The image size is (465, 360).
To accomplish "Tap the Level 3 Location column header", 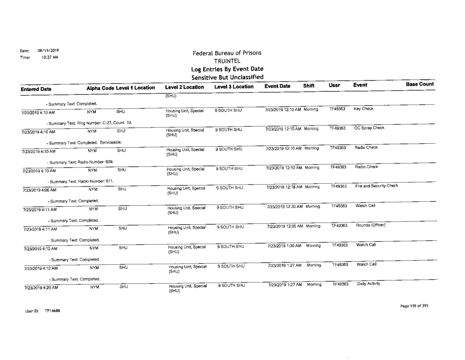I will pyautogui.click(x=233, y=88).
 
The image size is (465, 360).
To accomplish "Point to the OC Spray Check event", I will pyautogui.click(x=369, y=128).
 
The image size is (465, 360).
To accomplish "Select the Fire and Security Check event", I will pyautogui.click(x=376, y=186).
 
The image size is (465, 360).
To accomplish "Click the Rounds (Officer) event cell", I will pyautogui.click(x=370, y=225).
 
